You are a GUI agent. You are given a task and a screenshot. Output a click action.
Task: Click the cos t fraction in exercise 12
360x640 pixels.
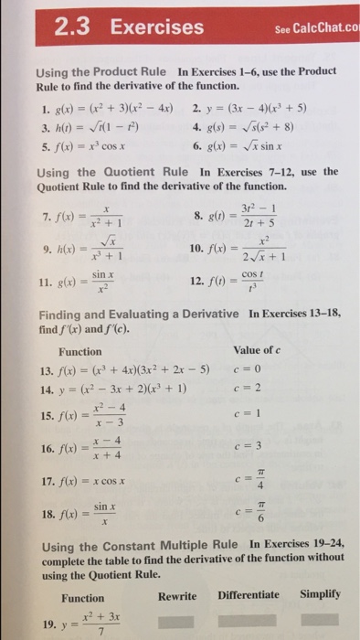pos(259,278)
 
